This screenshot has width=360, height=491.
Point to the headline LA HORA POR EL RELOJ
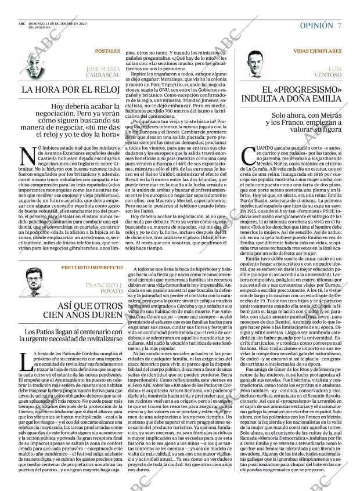coord(70,90)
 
